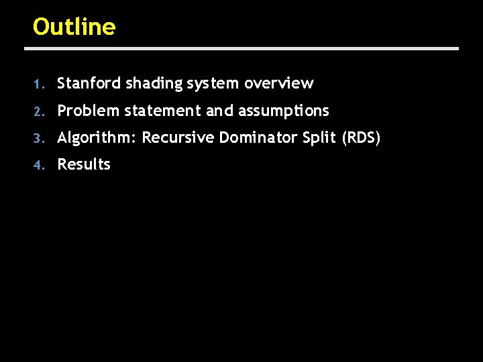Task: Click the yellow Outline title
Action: pos(74,27)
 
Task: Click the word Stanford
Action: pos(89,83)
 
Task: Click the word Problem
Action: pos(88,111)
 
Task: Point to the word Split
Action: pos(320,138)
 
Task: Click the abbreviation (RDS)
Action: pos(361,138)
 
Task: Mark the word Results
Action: pos(84,164)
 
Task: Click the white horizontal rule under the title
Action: pos(241,48)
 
